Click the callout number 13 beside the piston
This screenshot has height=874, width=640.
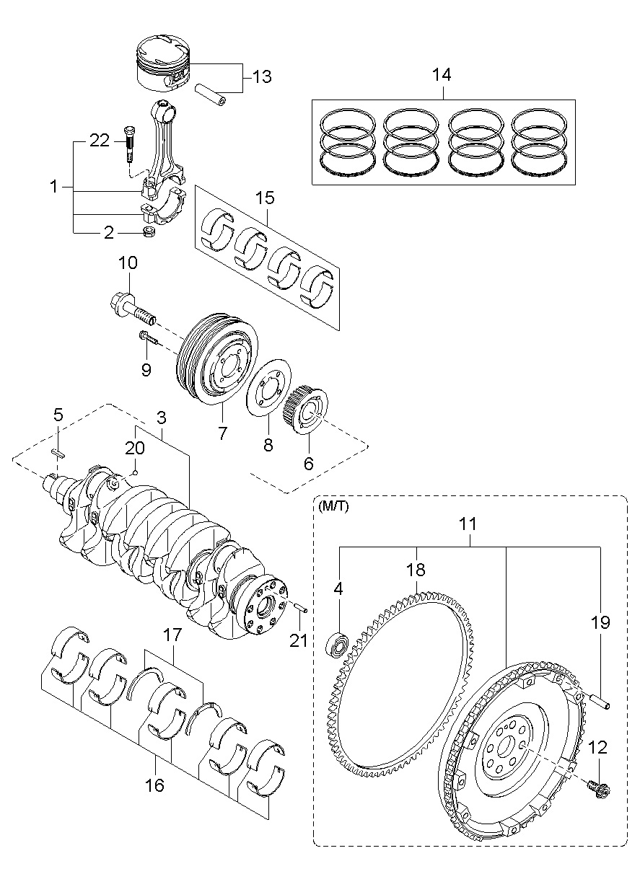pos(262,76)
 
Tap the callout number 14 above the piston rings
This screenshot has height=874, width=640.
pos(442,74)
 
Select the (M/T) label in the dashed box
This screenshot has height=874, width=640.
pos(333,506)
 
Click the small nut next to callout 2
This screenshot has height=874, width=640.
pos(149,232)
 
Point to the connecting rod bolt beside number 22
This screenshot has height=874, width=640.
pos(130,144)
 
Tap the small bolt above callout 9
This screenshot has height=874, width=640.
pos(149,337)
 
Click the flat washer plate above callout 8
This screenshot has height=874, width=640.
pos(268,387)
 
